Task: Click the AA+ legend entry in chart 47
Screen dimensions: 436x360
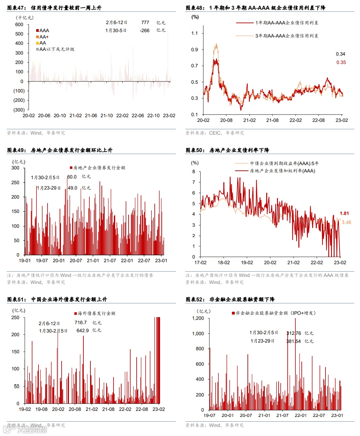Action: click(x=44, y=37)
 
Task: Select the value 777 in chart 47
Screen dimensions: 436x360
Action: click(x=145, y=22)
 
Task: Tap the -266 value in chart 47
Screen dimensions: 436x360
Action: click(x=145, y=30)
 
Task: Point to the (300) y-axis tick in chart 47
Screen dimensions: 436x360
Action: click(x=19, y=110)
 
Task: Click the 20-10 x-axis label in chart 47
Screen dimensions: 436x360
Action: click(x=60, y=116)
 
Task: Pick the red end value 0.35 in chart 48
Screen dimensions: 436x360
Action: click(x=341, y=62)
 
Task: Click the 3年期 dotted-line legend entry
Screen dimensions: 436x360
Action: click(x=286, y=36)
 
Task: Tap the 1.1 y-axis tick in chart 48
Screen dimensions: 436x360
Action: click(x=195, y=33)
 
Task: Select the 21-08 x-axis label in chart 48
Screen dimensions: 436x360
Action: click(x=272, y=120)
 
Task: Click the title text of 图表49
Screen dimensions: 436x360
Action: click(x=71, y=150)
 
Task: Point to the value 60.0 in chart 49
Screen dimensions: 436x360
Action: click(x=72, y=177)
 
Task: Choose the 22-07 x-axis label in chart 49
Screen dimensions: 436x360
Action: click(x=144, y=261)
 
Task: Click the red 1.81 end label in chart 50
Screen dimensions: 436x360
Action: click(x=344, y=213)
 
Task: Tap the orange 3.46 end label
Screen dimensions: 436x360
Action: click(x=346, y=222)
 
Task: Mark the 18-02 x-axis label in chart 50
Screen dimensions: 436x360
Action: click(x=224, y=263)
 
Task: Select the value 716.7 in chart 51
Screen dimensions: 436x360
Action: click(x=81, y=322)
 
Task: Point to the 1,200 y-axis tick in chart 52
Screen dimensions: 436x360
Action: click(x=198, y=318)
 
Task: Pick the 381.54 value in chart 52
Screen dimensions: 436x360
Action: click(x=293, y=341)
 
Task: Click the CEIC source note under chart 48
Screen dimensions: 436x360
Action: click(x=215, y=133)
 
